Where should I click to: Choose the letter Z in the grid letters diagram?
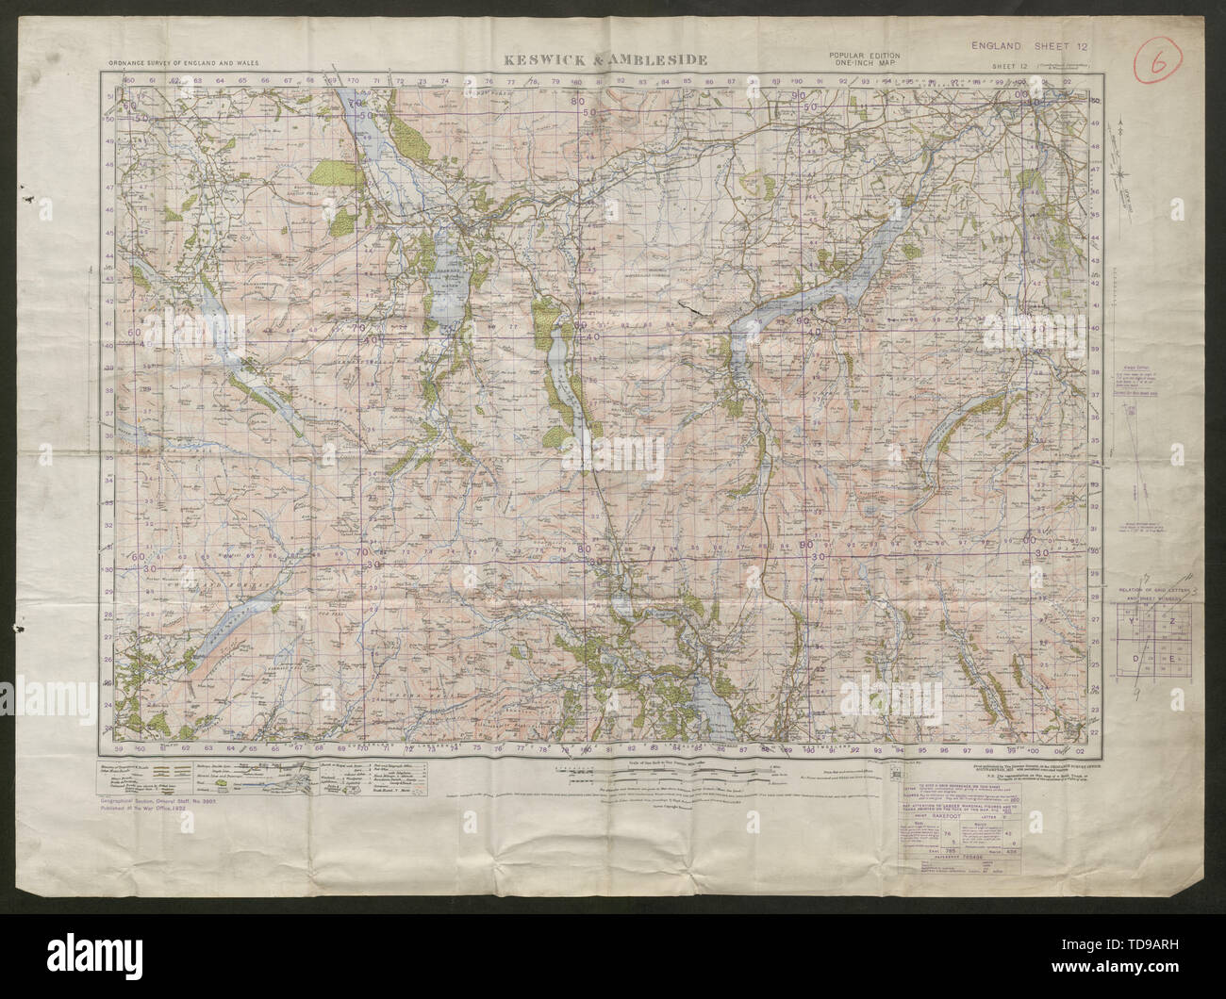[x=1172, y=620]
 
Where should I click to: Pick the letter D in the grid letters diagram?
[x=1135, y=659]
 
